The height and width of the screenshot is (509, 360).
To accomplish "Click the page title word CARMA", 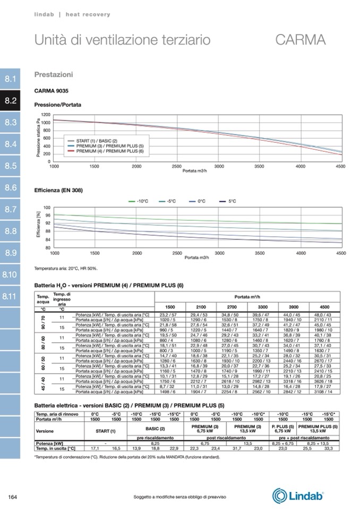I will point(301,40).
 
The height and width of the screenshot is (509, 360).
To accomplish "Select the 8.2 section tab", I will point(11,100).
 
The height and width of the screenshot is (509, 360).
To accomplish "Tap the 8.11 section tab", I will point(11,296).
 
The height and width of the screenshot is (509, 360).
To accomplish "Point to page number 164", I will point(13,497).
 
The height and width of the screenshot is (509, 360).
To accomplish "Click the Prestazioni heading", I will point(54,75).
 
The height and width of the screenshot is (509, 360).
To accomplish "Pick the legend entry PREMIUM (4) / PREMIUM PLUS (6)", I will point(110,151).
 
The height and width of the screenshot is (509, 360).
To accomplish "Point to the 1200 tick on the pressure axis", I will point(46,115).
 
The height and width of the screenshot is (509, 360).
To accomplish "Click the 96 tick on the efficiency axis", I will point(47,215).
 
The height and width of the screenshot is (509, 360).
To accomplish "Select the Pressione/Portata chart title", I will point(58,105).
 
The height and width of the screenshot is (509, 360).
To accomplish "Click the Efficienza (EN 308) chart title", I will point(58,190).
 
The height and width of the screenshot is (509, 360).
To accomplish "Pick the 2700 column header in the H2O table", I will point(232,307).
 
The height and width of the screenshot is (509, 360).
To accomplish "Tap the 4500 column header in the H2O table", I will point(324,307).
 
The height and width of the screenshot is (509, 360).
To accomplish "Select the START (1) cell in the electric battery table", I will point(105,430).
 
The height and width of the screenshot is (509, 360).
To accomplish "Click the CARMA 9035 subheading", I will point(52,91).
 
